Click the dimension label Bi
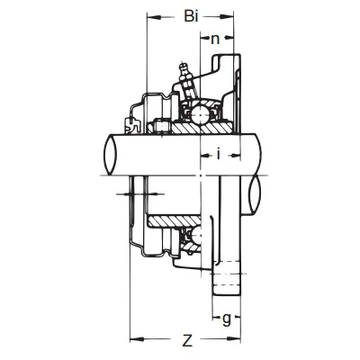pos(191,16)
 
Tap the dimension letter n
pos(215,40)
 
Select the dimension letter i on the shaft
pos(219,154)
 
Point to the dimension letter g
pos(227,319)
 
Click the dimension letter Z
pos(187,340)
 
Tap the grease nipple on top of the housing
pos(187,79)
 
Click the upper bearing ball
pos(199,114)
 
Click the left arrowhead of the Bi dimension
pos(152,17)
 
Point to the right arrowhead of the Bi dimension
pos(228,17)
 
